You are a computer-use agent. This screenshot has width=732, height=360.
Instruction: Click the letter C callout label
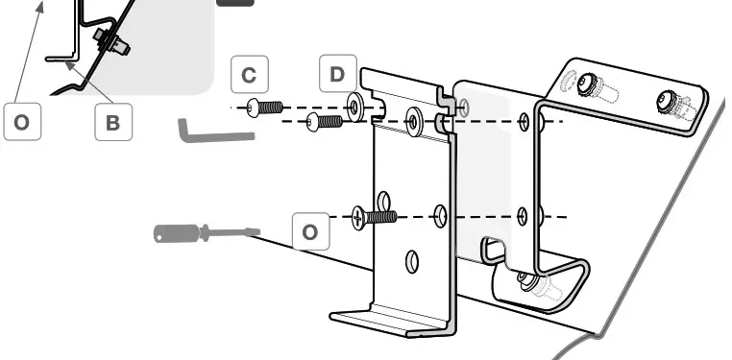coord(249,75)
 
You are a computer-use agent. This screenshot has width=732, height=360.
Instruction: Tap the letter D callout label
coord(337,74)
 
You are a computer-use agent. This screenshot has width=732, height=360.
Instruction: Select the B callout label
coord(112,122)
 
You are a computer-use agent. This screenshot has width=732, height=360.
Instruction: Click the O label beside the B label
coord(21,122)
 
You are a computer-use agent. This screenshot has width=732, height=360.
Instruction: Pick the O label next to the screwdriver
coord(309,232)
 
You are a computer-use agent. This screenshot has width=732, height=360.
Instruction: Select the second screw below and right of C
coord(324,122)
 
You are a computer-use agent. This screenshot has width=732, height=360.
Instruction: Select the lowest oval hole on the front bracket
coord(411,260)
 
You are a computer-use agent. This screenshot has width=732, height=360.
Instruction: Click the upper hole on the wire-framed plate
coord(524,121)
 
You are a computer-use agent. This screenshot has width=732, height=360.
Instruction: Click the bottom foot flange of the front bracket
coord(394,320)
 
